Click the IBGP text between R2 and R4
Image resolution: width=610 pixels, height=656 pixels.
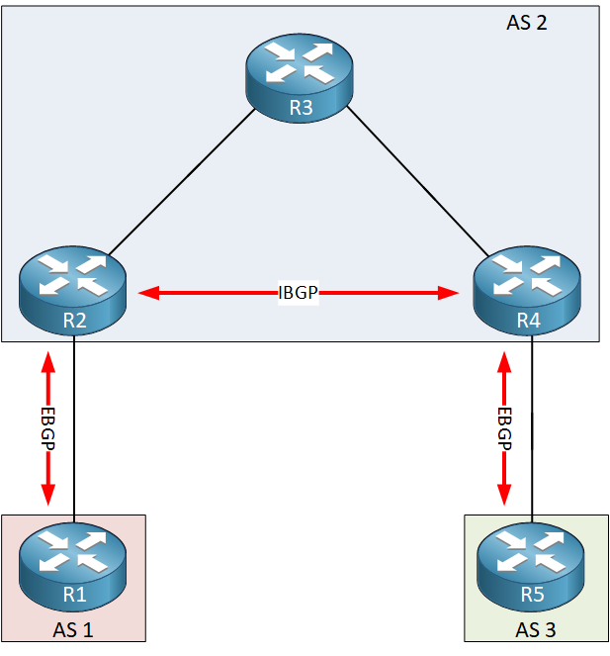301,293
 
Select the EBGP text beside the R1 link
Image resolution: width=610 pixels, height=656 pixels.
47,427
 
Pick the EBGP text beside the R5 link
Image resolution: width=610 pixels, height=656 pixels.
505,427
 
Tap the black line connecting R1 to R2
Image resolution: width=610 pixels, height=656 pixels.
74,425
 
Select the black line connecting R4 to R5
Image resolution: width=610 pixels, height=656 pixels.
533,425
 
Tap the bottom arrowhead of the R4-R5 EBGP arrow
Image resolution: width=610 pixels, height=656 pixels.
505,495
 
